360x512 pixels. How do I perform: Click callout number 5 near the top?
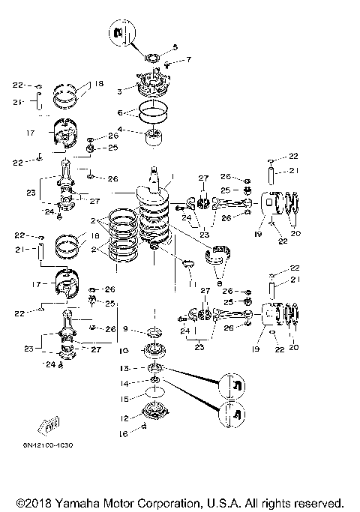[x=175, y=47]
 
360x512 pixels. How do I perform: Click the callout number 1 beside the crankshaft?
[x=173, y=178]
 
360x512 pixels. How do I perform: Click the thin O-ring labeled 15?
[x=155, y=399]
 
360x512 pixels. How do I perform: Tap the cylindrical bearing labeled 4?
[x=156, y=138]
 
